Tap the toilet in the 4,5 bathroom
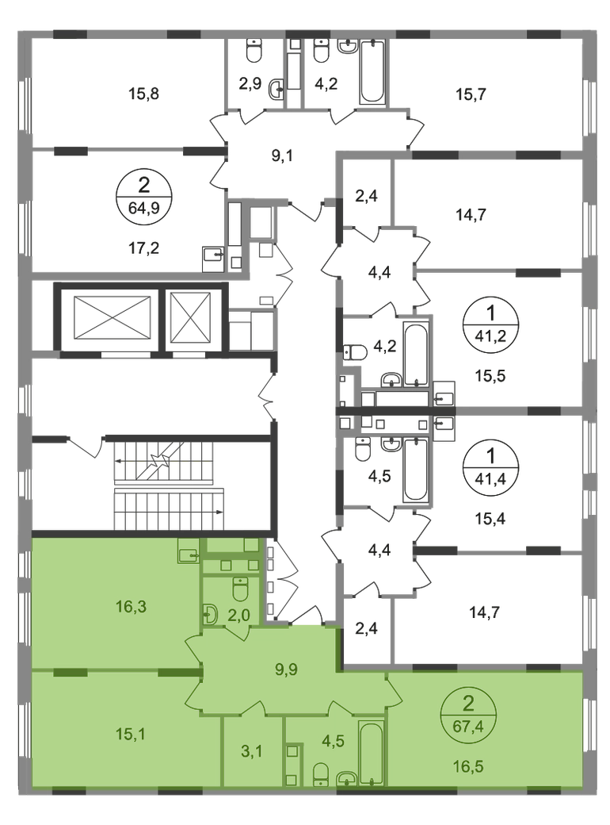[x=322, y=773]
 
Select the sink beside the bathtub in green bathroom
[x=346, y=780]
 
